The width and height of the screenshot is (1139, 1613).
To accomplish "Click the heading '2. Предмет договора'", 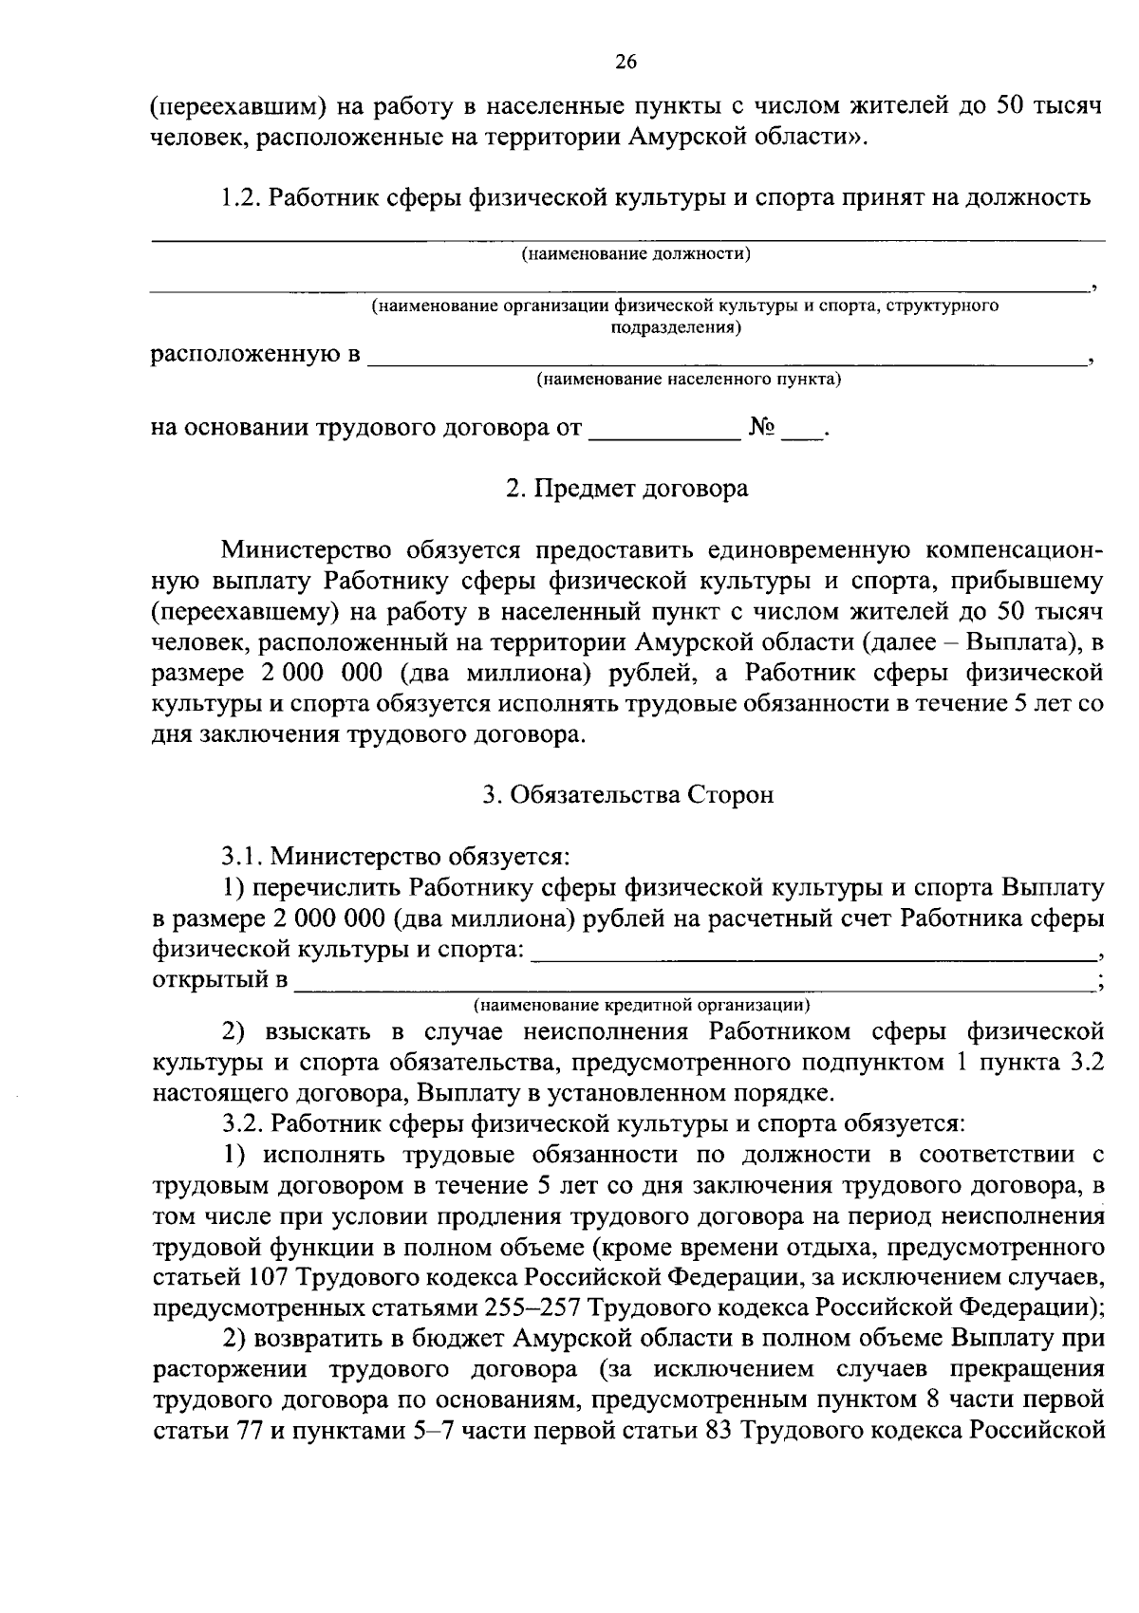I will click(x=626, y=489).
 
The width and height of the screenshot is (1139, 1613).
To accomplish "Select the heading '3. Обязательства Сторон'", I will click(x=627, y=795).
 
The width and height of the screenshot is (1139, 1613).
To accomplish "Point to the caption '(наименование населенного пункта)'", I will click(x=689, y=380).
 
